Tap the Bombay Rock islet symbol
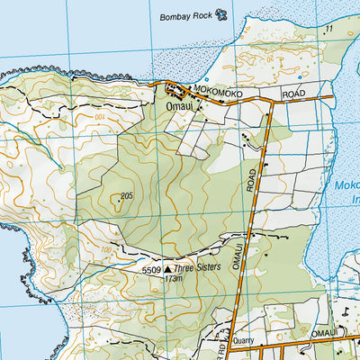pos(221,13)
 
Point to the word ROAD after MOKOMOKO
pos(294,93)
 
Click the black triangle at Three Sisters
pos(167,268)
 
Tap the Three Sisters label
pos(195,268)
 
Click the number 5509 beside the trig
pos(150,269)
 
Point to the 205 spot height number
pos(125,196)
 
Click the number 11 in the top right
pos(329,30)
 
